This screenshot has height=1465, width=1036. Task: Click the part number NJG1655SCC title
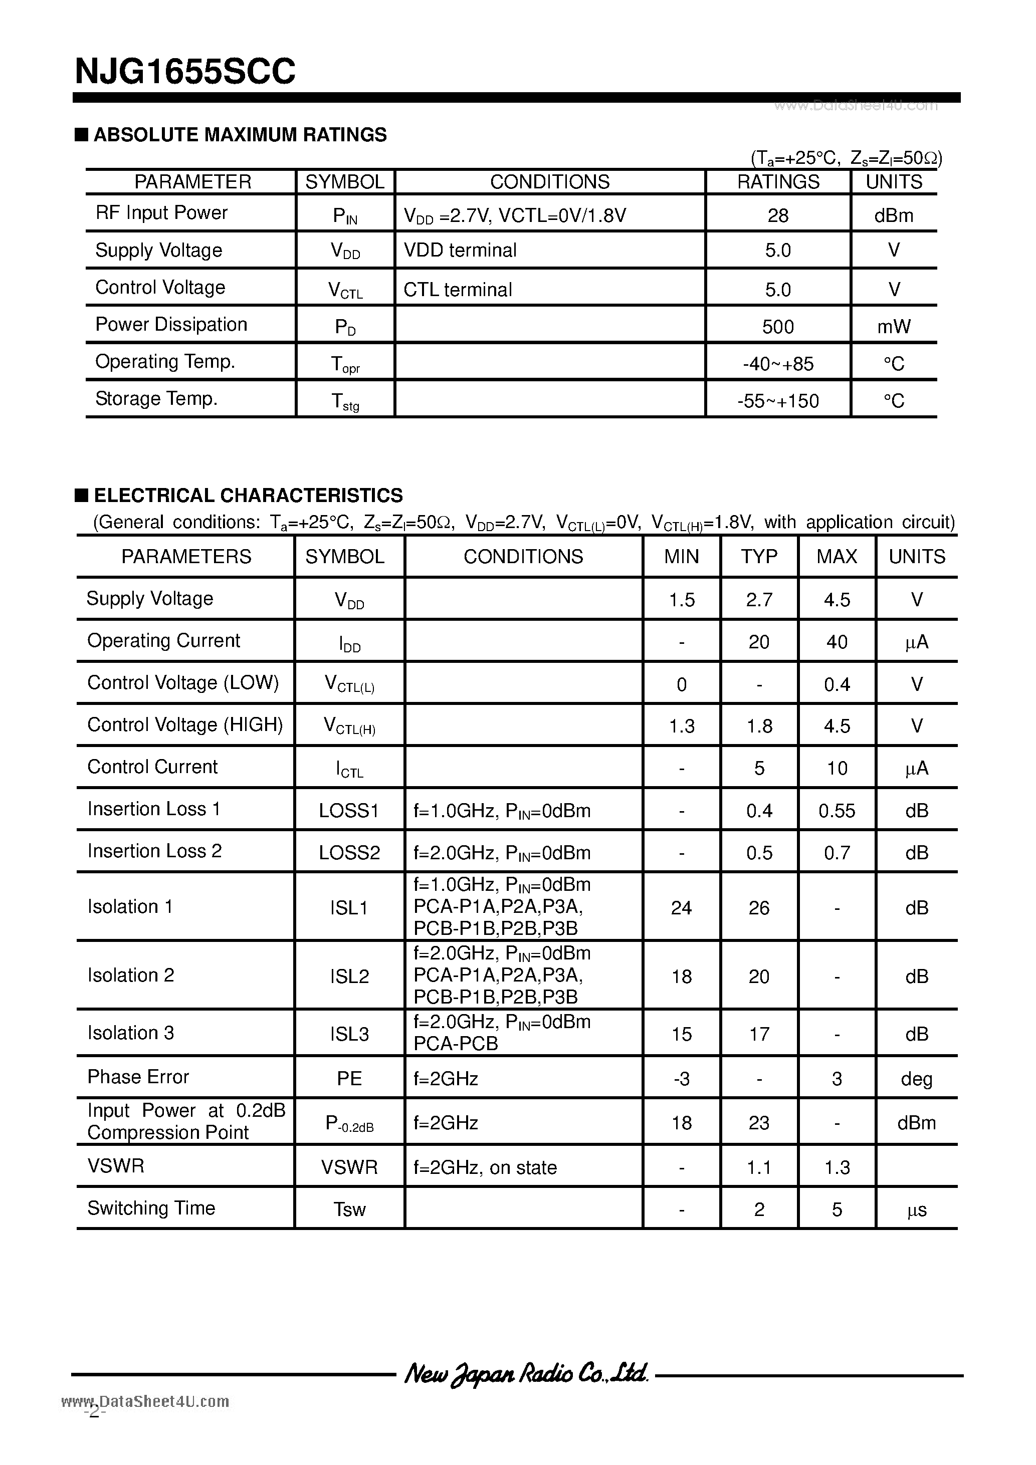pyautogui.click(x=185, y=72)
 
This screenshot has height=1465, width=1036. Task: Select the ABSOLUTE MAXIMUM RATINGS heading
pyautogui.click(x=240, y=135)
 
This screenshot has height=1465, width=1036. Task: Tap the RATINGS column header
pyautogui.click(x=777, y=182)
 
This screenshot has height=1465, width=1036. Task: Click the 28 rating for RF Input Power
pyautogui.click(x=777, y=215)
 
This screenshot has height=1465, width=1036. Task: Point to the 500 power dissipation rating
pyautogui.click(x=777, y=327)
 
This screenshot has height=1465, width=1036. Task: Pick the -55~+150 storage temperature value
pyautogui.click(x=777, y=401)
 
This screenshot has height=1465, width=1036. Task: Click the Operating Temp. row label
pyautogui.click(x=165, y=362)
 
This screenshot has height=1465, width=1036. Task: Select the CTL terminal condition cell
pyautogui.click(x=458, y=290)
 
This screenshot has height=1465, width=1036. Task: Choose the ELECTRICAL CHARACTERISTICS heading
pyautogui.click(x=248, y=495)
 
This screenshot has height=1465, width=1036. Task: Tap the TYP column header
pyautogui.click(x=759, y=557)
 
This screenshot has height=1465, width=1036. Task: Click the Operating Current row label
pyautogui.click(x=163, y=641)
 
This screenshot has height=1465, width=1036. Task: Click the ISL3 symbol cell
pyautogui.click(x=349, y=1034)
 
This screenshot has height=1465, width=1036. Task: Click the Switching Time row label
pyautogui.click(x=151, y=1208)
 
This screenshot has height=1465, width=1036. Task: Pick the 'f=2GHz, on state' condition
pyautogui.click(x=485, y=1167)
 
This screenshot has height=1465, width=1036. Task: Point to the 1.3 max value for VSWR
pyautogui.click(x=837, y=1167)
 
